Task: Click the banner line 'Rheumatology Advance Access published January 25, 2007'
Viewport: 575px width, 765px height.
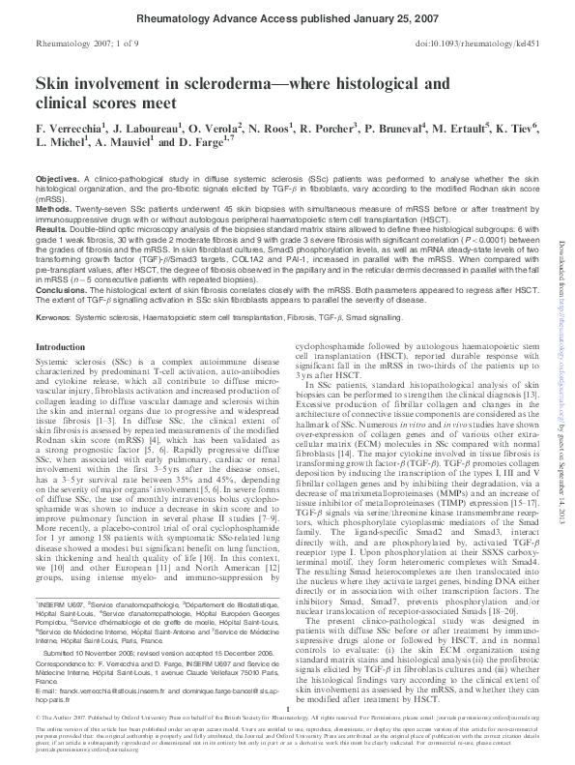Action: click(x=286, y=17)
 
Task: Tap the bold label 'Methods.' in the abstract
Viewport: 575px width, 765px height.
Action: click(x=53, y=207)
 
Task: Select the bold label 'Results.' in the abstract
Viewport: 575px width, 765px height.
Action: click(x=51, y=224)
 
